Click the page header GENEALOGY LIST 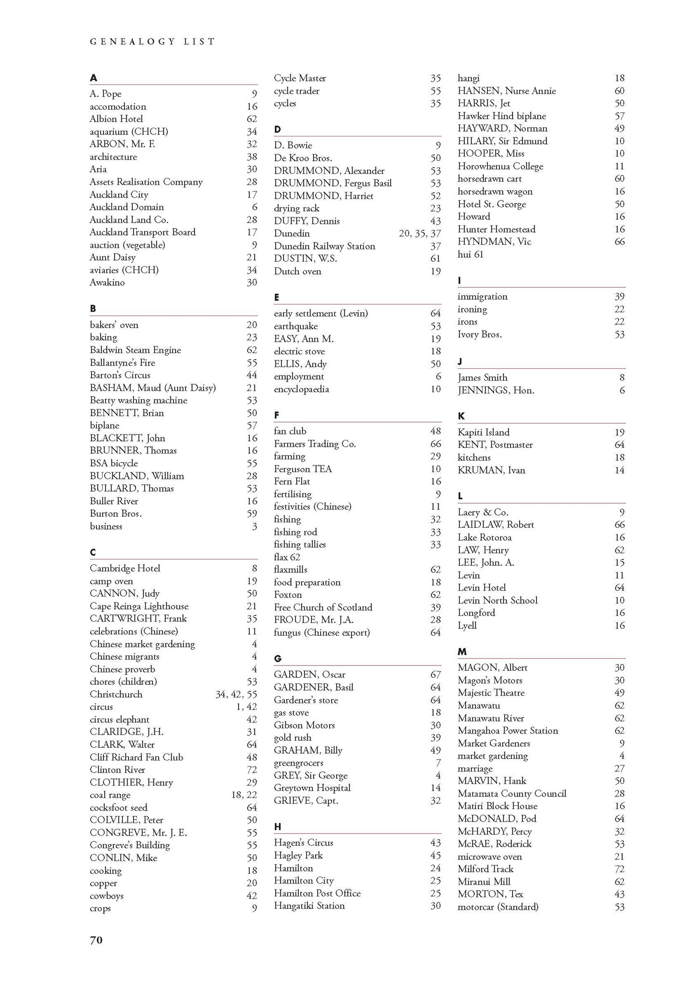pyautogui.click(x=152, y=41)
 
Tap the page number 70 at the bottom pyautogui.click(x=96, y=940)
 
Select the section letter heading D pyautogui.click(x=277, y=129)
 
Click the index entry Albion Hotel pyautogui.click(x=116, y=119)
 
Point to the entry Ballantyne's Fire pyautogui.click(x=122, y=362)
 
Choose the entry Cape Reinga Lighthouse pyautogui.click(x=139, y=606)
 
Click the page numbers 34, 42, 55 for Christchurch pyautogui.click(x=236, y=694)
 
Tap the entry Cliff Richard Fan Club pyautogui.click(x=136, y=757)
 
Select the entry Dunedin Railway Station pyautogui.click(x=324, y=246)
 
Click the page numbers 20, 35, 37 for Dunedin pyautogui.click(x=420, y=233)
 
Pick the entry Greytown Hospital pyautogui.click(x=312, y=787)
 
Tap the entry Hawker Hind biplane pyautogui.click(x=502, y=116)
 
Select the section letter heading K pyautogui.click(x=461, y=416)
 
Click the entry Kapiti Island pyautogui.click(x=484, y=432)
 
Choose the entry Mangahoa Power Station pyautogui.click(x=508, y=730)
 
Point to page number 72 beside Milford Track pyautogui.click(x=619, y=868)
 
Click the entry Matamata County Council pyautogui.click(x=512, y=793)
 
